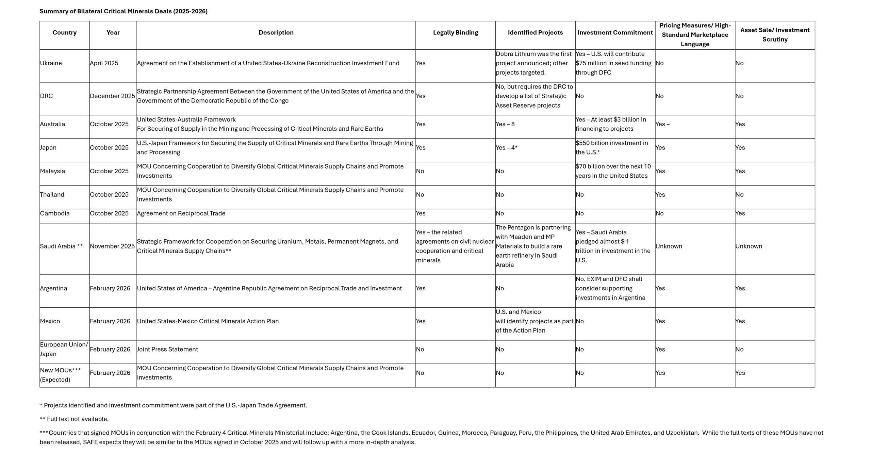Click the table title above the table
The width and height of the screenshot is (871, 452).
pyautogui.click(x=124, y=11)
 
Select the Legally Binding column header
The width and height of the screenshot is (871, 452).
pyautogui.click(x=455, y=33)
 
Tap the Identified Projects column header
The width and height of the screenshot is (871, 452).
pyautogui.click(x=535, y=33)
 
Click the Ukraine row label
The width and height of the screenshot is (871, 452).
pyautogui.click(x=51, y=63)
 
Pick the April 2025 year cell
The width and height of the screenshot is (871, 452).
pyautogui.click(x=104, y=63)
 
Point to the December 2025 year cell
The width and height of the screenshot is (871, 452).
pyautogui.click(x=112, y=96)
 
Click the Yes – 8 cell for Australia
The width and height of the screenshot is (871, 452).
pyautogui.click(x=505, y=124)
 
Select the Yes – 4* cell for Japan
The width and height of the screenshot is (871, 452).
pyautogui.click(x=507, y=148)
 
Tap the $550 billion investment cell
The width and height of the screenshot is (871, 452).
pyautogui.click(x=611, y=148)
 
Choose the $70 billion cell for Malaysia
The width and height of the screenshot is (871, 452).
pyautogui.click(x=613, y=171)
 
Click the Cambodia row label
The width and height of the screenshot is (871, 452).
pyautogui.click(x=55, y=213)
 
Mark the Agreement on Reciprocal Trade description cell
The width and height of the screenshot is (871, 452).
pyautogui.click(x=181, y=213)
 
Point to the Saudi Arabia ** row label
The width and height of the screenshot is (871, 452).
pyautogui.click(x=61, y=246)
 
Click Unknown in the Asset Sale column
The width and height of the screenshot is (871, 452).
pyautogui.click(x=749, y=246)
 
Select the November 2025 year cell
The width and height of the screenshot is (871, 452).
pyautogui.click(x=112, y=246)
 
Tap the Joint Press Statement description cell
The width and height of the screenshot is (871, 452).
pyautogui.click(x=167, y=350)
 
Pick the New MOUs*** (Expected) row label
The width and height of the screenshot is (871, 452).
pyautogui.click(x=60, y=375)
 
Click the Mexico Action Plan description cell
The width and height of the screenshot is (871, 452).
pyautogui.click(x=208, y=321)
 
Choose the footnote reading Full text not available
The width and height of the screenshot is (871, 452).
pyautogui.click(x=74, y=419)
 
